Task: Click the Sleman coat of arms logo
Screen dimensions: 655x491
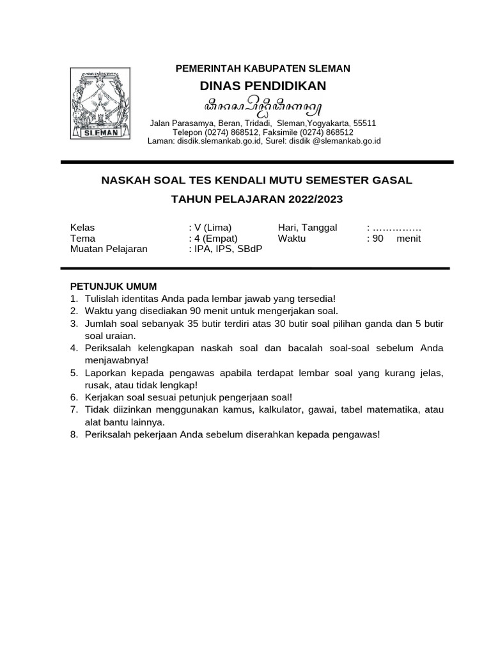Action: (x=101, y=105)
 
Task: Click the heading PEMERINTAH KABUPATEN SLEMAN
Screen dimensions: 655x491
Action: (x=263, y=68)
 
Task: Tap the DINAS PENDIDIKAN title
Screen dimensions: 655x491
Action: (x=263, y=86)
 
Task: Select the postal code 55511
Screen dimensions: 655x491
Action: (x=364, y=123)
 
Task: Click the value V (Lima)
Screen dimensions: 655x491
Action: (x=212, y=228)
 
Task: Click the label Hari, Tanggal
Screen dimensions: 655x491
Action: (x=308, y=228)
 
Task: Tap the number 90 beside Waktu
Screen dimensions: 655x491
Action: (x=377, y=239)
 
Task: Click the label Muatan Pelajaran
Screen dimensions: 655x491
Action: (x=109, y=249)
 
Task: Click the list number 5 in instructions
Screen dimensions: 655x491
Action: (x=74, y=372)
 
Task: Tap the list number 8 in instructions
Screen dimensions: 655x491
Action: (x=74, y=434)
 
